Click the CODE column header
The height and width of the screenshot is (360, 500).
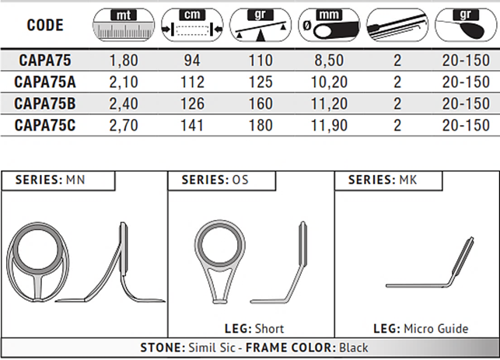[45, 25]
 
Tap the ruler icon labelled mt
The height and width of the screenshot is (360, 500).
[124, 25]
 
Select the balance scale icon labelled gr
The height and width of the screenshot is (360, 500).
[260, 25]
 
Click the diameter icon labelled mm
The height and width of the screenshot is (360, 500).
[329, 25]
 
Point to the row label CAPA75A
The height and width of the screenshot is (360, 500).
[45, 82]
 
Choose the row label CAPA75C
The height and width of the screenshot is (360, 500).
[45, 125]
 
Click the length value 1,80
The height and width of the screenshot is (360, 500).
[124, 61]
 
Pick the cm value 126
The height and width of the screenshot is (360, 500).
[192, 103]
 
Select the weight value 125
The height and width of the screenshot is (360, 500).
[260, 82]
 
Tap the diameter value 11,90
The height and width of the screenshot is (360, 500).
[329, 125]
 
